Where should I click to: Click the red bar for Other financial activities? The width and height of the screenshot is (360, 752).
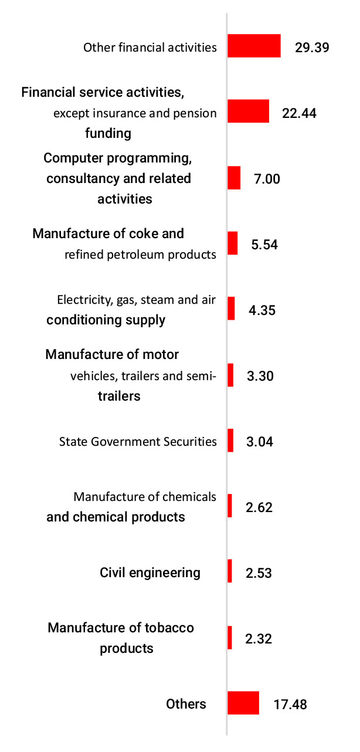click(254, 46)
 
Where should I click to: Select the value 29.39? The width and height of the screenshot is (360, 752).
click(312, 47)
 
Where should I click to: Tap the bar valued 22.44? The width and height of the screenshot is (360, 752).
click(248, 111)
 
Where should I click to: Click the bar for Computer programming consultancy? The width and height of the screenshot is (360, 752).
click(234, 178)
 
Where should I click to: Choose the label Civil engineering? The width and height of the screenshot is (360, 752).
click(150, 573)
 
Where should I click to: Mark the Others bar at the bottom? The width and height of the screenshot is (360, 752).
click(243, 703)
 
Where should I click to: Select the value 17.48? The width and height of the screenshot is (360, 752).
click(290, 704)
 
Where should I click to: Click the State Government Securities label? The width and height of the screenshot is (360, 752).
click(138, 442)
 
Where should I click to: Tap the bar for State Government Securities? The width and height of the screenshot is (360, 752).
click(230, 441)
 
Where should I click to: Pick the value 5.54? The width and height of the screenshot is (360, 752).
click(264, 244)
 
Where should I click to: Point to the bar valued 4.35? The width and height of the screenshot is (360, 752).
click(231, 309)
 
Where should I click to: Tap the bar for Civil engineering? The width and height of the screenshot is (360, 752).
click(230, 571)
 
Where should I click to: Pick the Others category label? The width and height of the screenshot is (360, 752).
click(186, 704)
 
